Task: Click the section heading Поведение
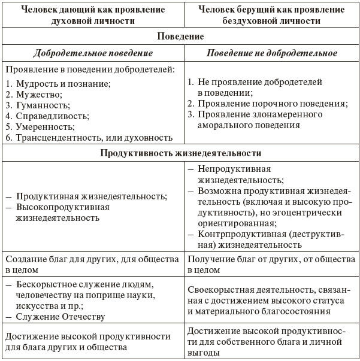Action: click(180, 37)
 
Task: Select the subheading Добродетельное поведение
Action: click(92, 53)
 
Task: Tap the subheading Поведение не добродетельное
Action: click(271, 53)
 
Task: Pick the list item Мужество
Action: click(39, 94)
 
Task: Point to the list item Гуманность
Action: click(43, 105)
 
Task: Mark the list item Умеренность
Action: click(45, 126)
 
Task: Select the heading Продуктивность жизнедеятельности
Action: click(180, 153)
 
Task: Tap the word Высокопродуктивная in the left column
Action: click(63, 207)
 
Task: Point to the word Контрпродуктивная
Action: click(240, 234)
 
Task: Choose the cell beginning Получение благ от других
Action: click(271, 265)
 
